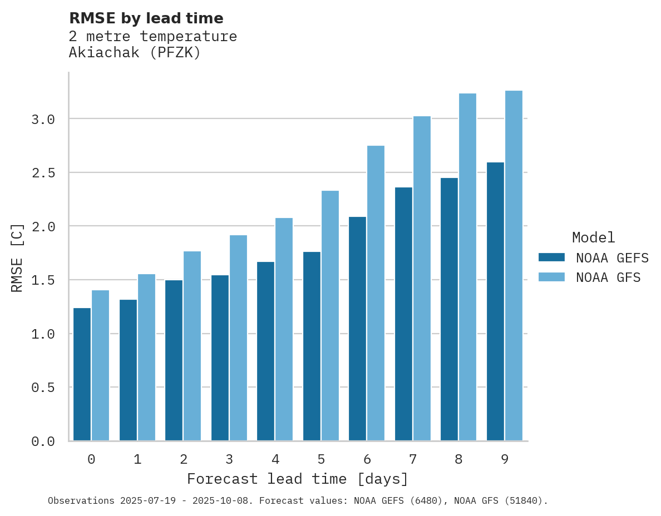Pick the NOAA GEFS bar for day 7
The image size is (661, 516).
[403, 314]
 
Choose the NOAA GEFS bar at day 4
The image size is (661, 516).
[265, 351]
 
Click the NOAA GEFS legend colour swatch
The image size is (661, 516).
[551, 257]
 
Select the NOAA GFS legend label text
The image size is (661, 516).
[608, 277]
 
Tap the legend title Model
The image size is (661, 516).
[593, 237]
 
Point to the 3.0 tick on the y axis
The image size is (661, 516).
[43, 119]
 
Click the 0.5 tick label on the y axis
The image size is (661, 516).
[43, 387]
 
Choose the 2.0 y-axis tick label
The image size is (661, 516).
[43, 226]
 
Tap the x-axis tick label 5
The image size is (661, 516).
[321, 459]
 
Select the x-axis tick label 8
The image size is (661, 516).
[458, 459]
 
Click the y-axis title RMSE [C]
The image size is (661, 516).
[17, 257]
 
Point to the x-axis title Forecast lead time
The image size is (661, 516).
[297, 479]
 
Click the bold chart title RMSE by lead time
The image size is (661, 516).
[146, 18]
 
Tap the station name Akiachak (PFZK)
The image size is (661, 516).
[134, 53]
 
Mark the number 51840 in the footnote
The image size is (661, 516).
[524, 501]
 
